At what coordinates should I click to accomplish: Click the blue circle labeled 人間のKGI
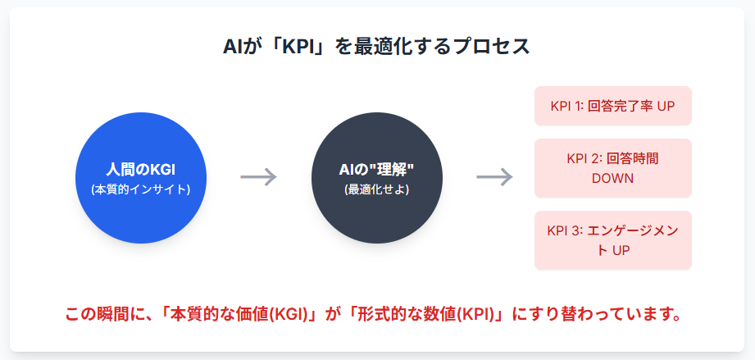(141, 178)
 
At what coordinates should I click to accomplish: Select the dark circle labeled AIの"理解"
(377, 178)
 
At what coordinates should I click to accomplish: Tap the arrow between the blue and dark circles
(259, 177)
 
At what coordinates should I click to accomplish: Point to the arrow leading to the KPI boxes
(495, 177)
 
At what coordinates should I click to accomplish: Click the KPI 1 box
(613, 107)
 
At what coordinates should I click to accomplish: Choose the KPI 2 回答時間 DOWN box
(613, 168)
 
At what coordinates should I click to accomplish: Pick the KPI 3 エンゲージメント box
(613, 240)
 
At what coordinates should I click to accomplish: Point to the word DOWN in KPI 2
(613, 177)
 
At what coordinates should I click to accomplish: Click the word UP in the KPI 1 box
(665, 107)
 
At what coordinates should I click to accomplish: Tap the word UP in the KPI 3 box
(621, 249)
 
